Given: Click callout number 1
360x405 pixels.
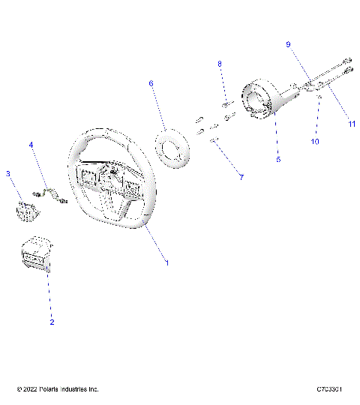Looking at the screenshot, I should tap(167, 262).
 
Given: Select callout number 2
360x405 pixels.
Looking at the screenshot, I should tap(52, 322).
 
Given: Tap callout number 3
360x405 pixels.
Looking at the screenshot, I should tap(8, 174).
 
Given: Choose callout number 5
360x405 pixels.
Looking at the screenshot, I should tap(277, 160).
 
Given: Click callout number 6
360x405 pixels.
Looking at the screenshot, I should tap(151, 84).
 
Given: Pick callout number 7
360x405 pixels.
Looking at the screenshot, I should tap(220, 177).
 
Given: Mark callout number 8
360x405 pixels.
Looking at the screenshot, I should tap(220, 65).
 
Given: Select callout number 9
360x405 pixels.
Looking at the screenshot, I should tap(287, 45).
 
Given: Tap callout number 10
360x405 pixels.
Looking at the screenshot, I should tap(315, 140).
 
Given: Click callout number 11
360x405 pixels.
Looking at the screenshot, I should tap(352, 124).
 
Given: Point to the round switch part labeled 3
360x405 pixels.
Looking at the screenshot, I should tap(27, 208).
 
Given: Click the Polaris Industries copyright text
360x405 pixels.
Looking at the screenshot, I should tap(58, 389).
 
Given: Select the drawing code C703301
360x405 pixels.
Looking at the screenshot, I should tap(329, 389).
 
